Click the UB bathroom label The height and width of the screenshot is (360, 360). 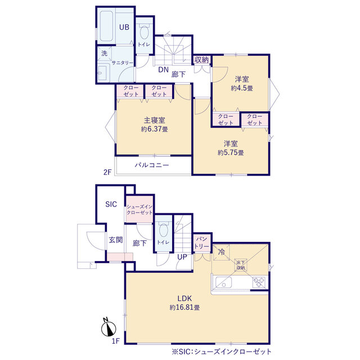pyautogui.click(x=124, y=27)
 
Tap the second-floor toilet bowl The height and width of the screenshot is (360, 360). pyautogui.click(x=144, y=32)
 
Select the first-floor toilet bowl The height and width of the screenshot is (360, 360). pyautogui.click(x=163, y=230)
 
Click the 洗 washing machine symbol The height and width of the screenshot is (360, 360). pyautogui.click(x=105, y=53)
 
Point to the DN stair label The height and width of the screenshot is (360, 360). pyautogui.click(x=163, y=70)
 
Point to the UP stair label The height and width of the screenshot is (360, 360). pyautogui.click(x=182, y=257)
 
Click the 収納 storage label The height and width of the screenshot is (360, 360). pyautogui.click(x=201, y=60)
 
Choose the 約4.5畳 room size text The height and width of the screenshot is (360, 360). pyautogui.click(x=242, y=88)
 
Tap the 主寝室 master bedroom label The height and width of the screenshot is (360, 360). pyautogui.click(x=154, y=120)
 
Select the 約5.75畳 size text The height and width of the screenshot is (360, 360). pyautogui.click(x=231, y=152)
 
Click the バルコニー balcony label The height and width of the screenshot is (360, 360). pyautogui.click(x=152, y=165)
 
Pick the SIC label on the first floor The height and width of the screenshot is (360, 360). pyautogui.click(x=111, y=204)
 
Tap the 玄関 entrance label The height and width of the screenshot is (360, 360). pyautogui.click(x=116, y=240)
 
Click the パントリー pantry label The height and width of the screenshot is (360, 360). pyautogui.click(x=202, y=242)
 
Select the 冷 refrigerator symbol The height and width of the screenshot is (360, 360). pyautogui.click(x=221, y=252)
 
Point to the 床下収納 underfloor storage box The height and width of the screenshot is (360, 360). pyautogui.click(x=241, y=265)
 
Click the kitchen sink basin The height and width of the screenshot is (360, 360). pyautogui.click(x=224, y=282)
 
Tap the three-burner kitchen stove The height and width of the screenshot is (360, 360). pyautogui.click(x=259, y=282)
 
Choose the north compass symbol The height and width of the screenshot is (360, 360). pyautogui.click(x=109, y=327)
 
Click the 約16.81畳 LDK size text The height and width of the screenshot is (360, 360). pyautogui.click(x=184, y=308)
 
